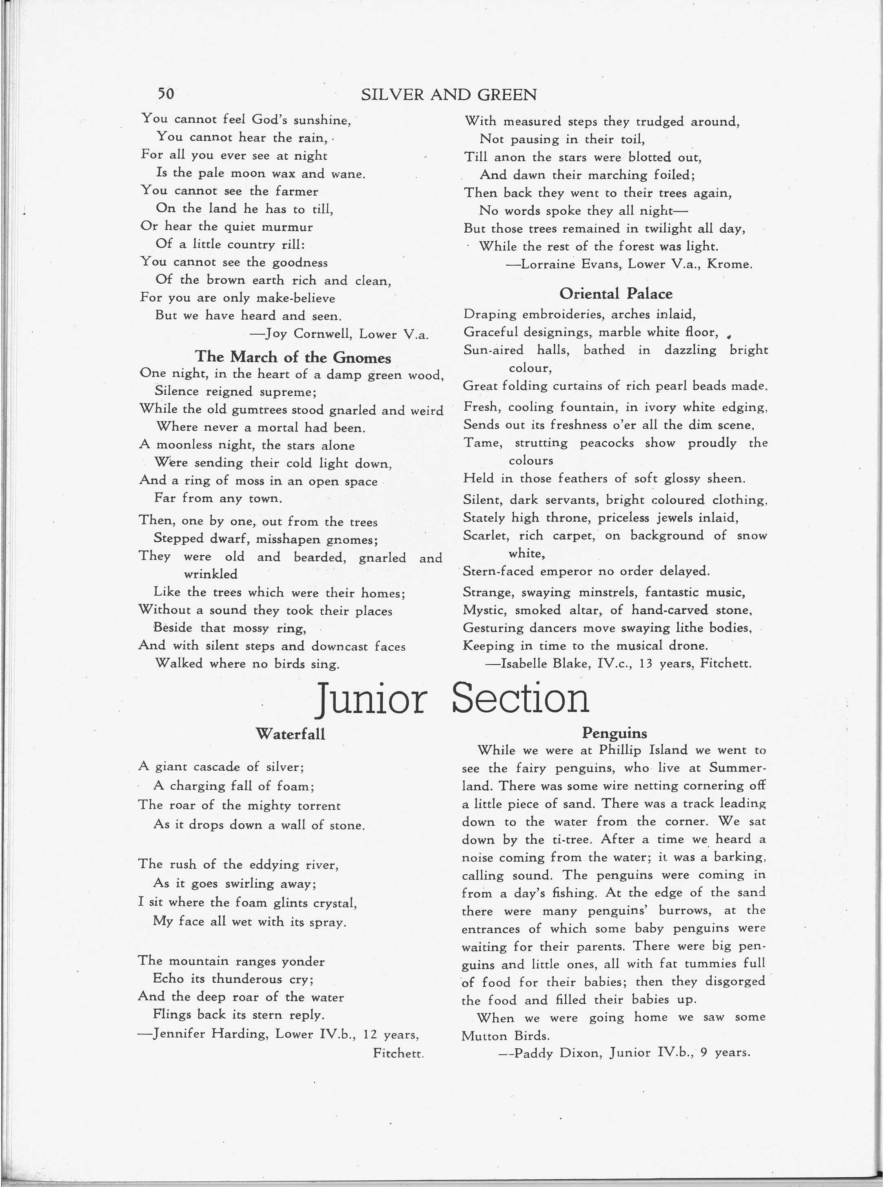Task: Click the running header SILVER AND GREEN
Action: coord(448,95)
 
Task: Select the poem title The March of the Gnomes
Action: coord(293,357)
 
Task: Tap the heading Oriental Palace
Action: coord(616,293)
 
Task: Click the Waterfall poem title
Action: coord(290,734)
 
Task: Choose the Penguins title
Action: coord(614,733)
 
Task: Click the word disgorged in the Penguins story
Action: coord(735,981)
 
